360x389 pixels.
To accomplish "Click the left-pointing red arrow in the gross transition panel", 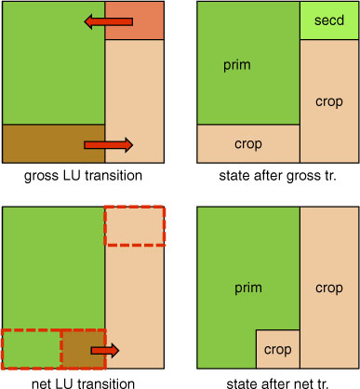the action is pos(109,21).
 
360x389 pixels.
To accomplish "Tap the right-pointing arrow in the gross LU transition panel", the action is pos(109,145).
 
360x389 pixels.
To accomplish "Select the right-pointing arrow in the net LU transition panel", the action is pos(105,351).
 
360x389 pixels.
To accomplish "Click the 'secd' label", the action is pos(329,20).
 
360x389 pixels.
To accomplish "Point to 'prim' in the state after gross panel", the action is pos(237,66).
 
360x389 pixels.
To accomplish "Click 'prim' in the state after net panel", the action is pos(248,288).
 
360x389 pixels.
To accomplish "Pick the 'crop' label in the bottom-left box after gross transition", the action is pos(248,144).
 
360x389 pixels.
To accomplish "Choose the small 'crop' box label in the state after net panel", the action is pos(278,350).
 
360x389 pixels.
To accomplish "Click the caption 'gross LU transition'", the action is pos(83,176).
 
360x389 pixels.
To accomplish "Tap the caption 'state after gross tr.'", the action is pos(278,176).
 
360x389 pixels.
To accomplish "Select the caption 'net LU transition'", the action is pos(83,383).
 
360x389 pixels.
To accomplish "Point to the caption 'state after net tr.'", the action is pos(278,383).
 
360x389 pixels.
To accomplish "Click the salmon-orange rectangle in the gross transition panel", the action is pos(134,20).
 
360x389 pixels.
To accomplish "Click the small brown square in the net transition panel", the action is pos(84,350).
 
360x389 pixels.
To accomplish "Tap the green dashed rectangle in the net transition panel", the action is pos(32,350).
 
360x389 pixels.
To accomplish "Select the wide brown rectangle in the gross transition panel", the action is pos(54,143).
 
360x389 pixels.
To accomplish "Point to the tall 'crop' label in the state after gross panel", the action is pos(329,102).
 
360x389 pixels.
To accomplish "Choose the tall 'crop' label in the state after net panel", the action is pos(329,288).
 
